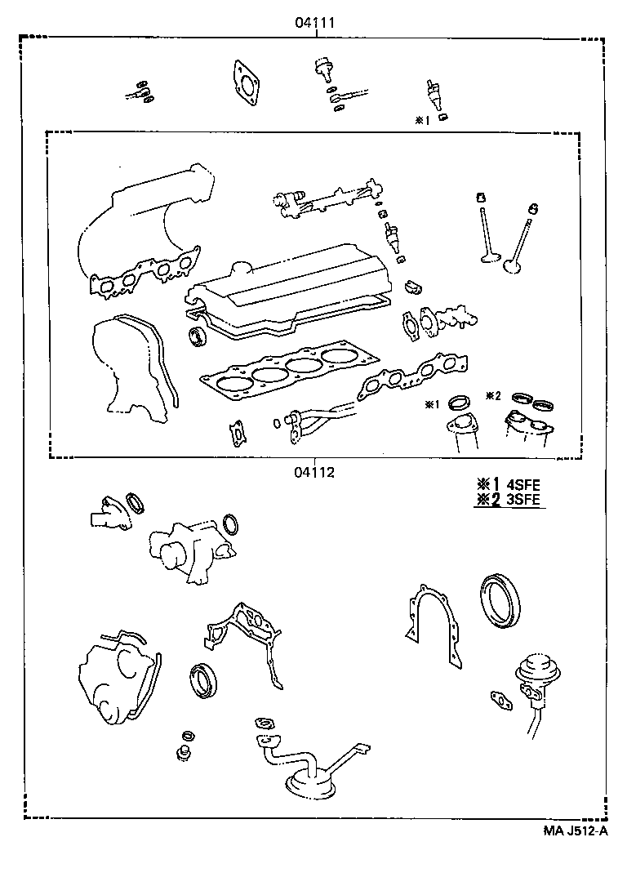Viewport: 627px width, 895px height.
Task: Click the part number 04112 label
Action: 314,471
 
